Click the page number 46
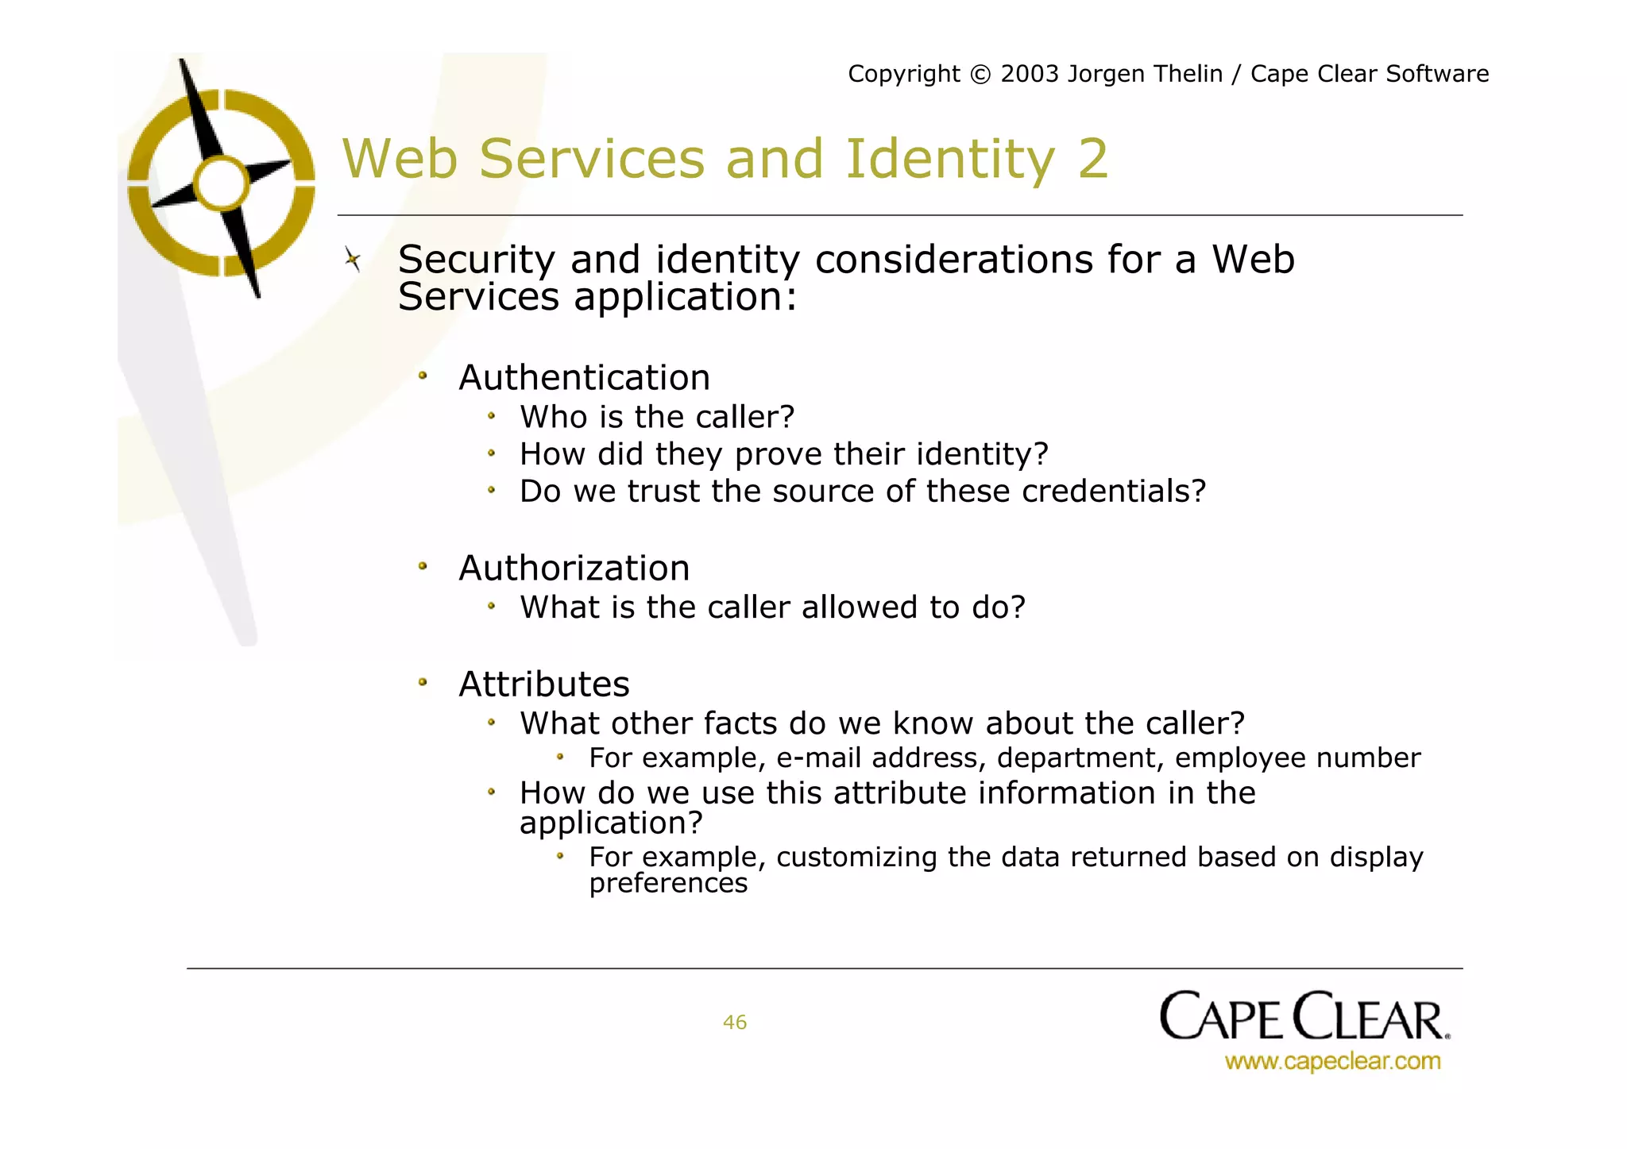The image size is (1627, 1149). pos(734,1022)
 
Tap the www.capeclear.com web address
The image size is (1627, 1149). pos(1332,1061)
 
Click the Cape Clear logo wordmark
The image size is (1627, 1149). pos(1304,1016)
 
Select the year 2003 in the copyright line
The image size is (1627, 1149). pos(1029,74)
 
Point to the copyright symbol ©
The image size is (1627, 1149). pos(980,75)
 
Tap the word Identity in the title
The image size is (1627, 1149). pos(950,159)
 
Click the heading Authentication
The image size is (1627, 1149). pos(584,378)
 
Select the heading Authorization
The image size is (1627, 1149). pos(574,569)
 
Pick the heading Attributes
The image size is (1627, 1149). pos(544,684)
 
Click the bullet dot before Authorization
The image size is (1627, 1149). pos(423,566)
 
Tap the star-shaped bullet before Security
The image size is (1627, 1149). pos(353,259)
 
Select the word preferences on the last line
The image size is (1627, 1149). pos(668,883)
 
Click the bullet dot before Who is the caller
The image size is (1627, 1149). pos(492,415)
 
